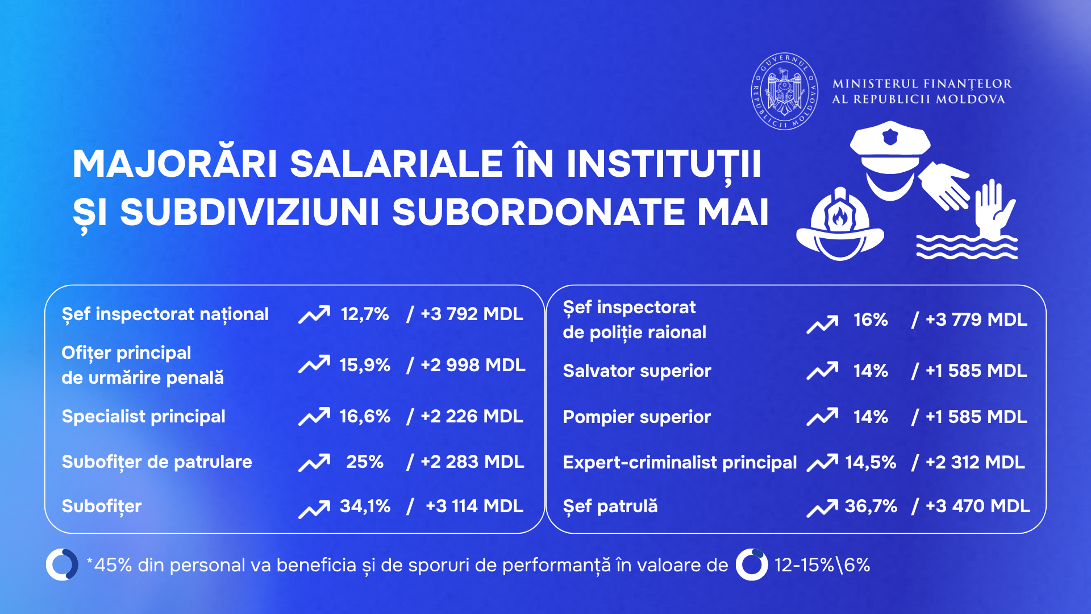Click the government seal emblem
(x=785, y=92)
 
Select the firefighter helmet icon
(x=840, y=225)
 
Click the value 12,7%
(x=365, y=314)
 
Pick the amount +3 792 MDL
(x=472, y=314)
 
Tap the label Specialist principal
(x=144, y=417)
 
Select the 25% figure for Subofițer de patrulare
(x=365, y=462)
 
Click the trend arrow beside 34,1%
(x=314, y=509)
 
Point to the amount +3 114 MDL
(x=474, y=506)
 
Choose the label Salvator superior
(x=637, y=371)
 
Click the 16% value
(x=871, y=320)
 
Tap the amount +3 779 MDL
(x=976, y=320)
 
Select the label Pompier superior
(x=637, y=417)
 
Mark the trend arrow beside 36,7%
(x=822, y=508)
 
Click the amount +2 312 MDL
(x=975, y=462)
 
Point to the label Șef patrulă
(x=610, y=507)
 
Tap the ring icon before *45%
(x=62, y=565)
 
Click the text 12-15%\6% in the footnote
(x=822, y=565)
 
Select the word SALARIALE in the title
(x=397, y=164)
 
